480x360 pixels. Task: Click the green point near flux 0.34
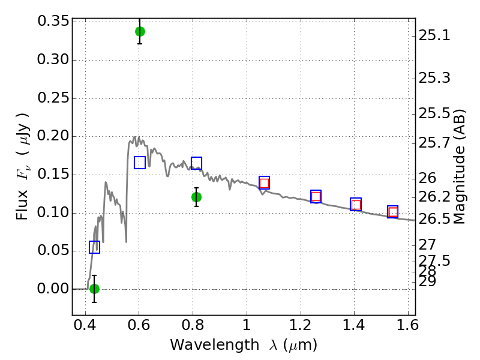(x=140, y=31)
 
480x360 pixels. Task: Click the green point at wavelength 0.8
(x=196, y=197)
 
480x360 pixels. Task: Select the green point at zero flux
(x=94, y=289)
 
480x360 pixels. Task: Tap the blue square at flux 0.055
(x=94, y=247)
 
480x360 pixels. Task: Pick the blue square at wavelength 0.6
(x=140, y=163)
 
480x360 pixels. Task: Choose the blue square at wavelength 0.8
(x=196, y=163)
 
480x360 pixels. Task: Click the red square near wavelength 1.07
(x=264, y=183)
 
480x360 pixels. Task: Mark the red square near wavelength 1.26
(x=316, y=196)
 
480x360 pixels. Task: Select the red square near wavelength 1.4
(x=356, y=205)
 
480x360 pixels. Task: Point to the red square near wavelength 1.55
(x=393, y=212)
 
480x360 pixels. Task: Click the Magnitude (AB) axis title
(x=460, y=166)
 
